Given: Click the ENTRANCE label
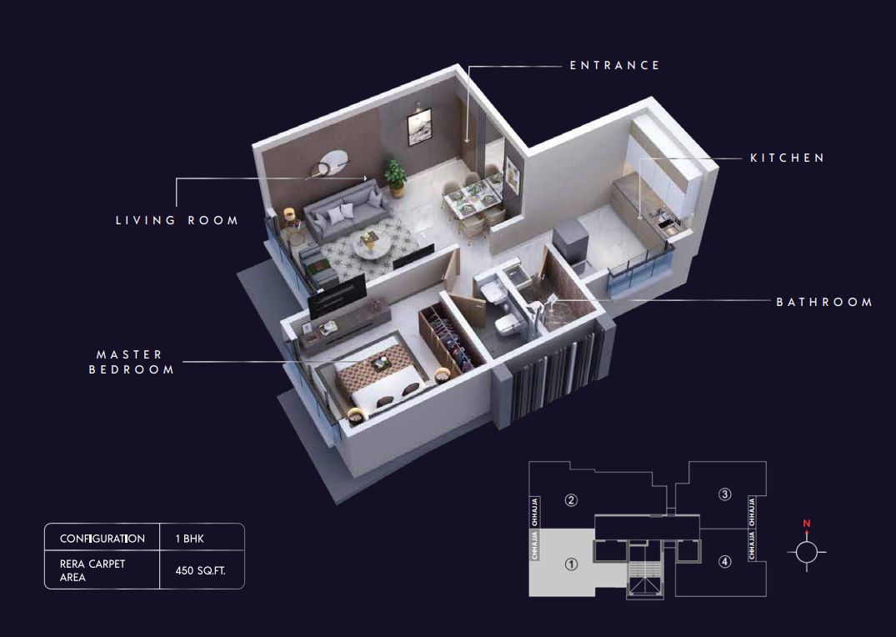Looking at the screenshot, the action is pyautogui.click(x=614, y=66).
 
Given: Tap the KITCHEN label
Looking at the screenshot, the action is pyautogui.click(x=787, y=158).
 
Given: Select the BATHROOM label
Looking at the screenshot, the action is pyautogui.click(x=824, y=302).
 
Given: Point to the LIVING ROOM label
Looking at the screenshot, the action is pyautogui.click(x=178, y=220).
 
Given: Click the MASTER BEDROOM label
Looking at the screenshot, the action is pyautogui.click(x=132, y=362).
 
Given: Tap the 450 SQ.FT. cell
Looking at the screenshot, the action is pyautogui.click(x=201, y=570).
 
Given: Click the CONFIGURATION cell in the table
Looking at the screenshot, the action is pyautogui.click(x=103, y=539).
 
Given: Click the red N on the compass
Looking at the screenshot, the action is pyautogui.click(x=807, y=524).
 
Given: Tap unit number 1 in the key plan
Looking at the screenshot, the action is pyautogui.click(x=571, y=564).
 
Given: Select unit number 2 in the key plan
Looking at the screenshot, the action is pyautogui.click(x=571, y=500).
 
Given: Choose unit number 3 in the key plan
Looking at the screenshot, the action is pyautogui.click(x=724, y=494).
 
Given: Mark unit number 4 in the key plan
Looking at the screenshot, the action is pyautogui.click(x=724, y=561).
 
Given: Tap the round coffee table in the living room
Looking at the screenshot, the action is pyautogui.click(x=372, y=245).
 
